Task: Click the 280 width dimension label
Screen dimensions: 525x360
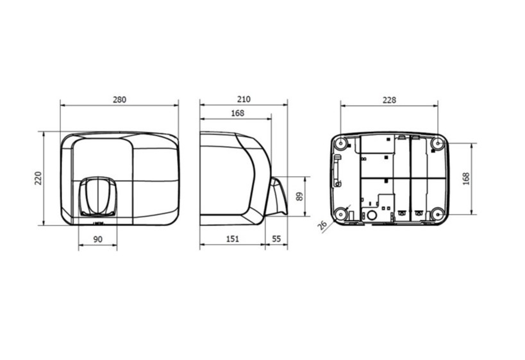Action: pos(119,100)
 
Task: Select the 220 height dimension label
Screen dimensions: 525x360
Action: pos(38,178)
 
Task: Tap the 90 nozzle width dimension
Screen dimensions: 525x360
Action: pos(98,239)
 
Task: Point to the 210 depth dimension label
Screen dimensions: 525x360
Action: pos(244,99)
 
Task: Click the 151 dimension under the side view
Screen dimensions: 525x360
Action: pos(232,239)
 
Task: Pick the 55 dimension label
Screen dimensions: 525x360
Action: pos(276,239)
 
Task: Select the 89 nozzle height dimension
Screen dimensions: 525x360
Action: pos(299,196)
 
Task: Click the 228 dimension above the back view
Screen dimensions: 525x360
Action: pos(389,100)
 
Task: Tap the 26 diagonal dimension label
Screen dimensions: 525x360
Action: pos(323,225)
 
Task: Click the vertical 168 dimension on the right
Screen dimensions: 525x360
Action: pos(466,179)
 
